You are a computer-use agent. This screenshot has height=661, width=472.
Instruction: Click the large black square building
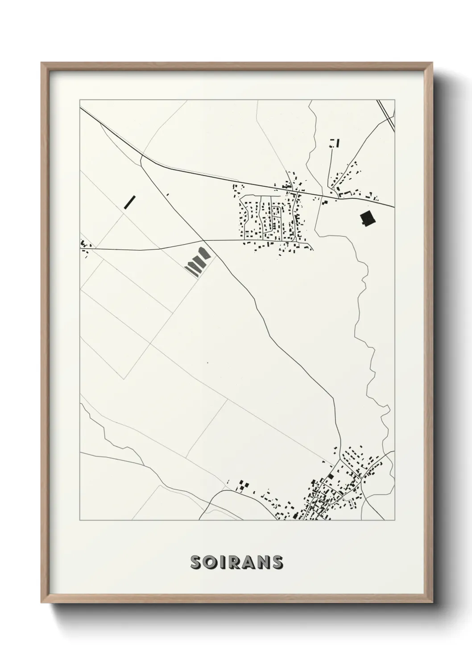(367, 218)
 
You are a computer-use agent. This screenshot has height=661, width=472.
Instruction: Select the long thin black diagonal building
(130, 201)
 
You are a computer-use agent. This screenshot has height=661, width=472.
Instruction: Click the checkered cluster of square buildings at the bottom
(242, 485)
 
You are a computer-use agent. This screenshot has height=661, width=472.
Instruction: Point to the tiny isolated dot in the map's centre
(207, 363)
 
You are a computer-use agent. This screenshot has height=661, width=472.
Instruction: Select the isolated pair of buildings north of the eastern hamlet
(334, 143)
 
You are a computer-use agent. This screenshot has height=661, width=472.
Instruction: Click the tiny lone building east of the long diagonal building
(168, 194)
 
